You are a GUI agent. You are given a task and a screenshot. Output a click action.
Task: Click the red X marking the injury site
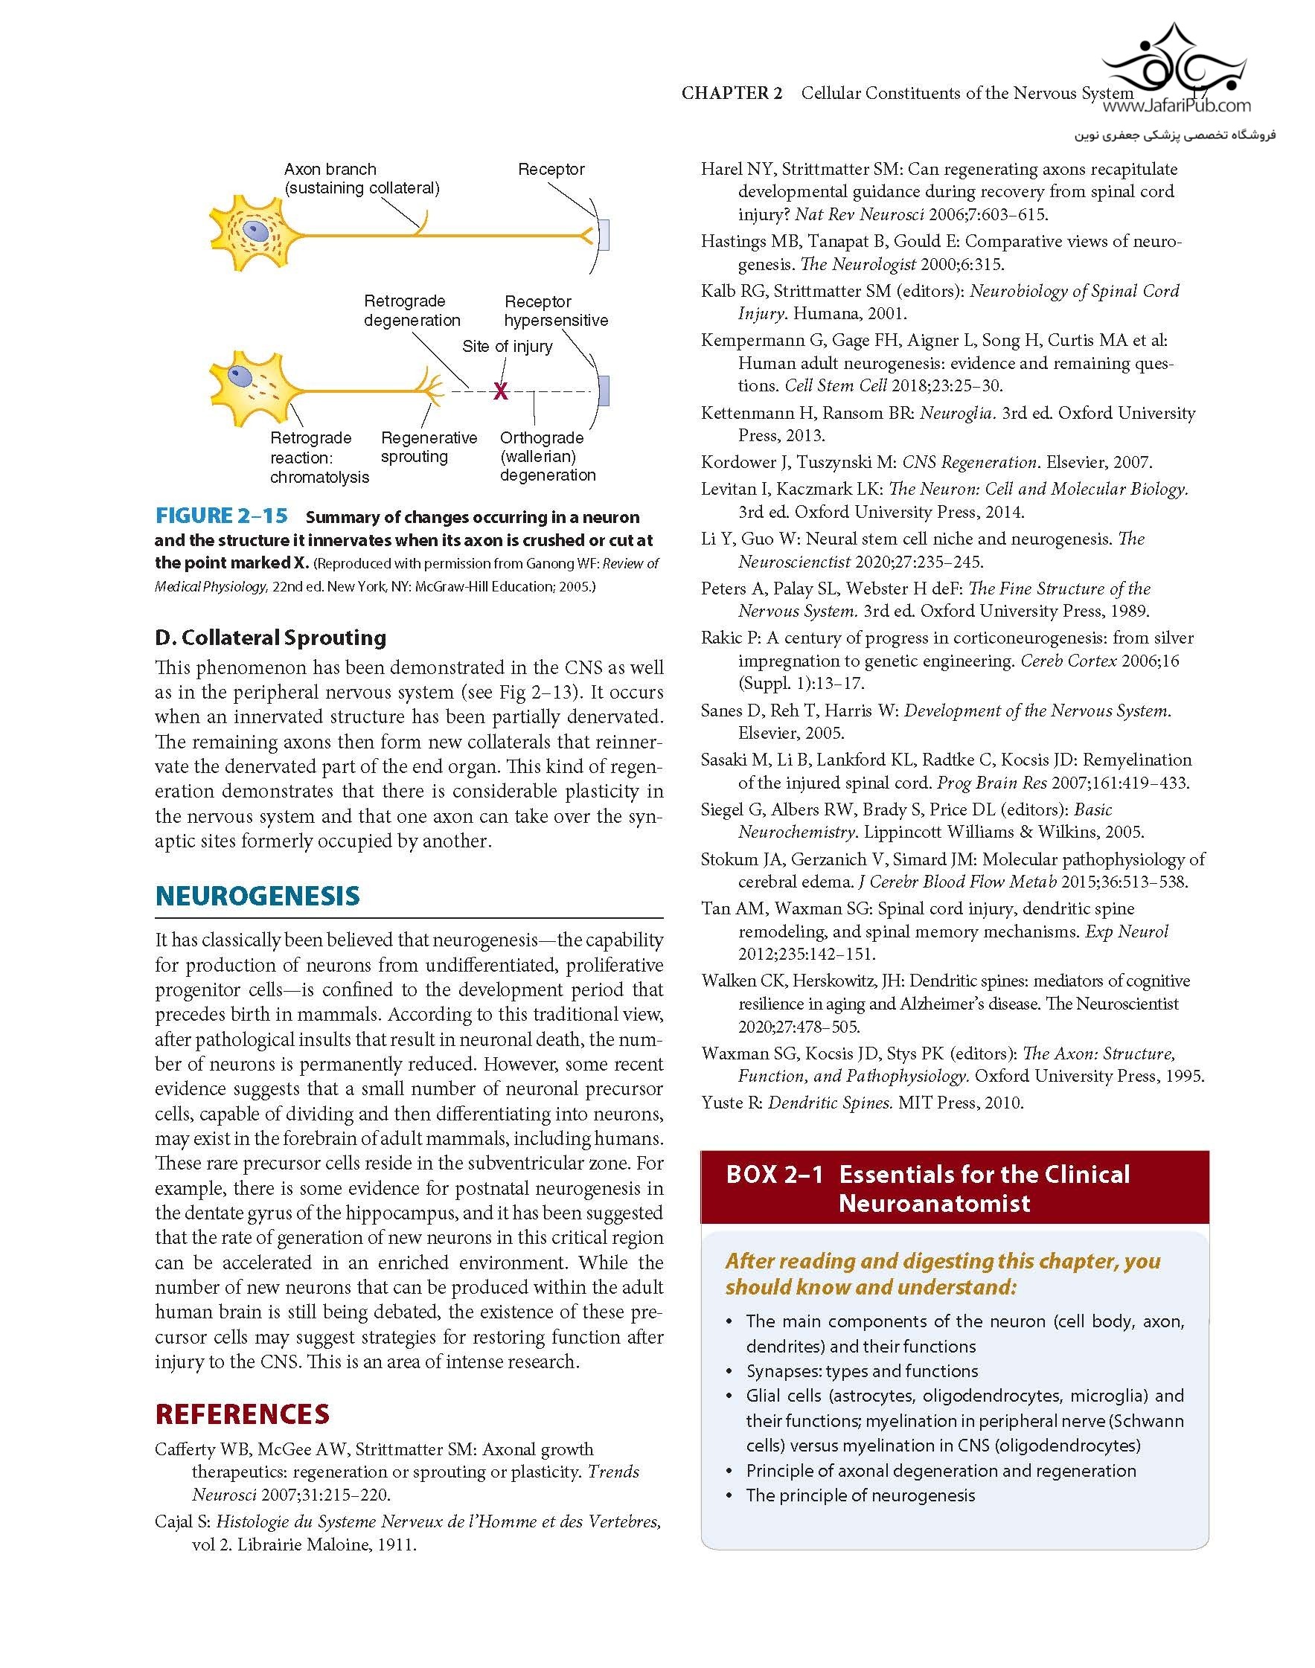[x=500, y=392]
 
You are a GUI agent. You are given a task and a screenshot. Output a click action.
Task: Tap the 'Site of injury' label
[x=507, y=347]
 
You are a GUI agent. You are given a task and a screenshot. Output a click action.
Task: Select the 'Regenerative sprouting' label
[x=429, y=447]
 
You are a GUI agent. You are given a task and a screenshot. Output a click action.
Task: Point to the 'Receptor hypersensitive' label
[x=556, y=311]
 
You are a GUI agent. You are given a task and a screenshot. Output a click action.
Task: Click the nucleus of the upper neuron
[x=253, y=230]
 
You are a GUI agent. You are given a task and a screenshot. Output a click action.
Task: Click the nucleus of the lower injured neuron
[x=242, y=376]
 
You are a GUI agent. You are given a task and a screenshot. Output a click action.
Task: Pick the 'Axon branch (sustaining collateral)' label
[x=361, y=179]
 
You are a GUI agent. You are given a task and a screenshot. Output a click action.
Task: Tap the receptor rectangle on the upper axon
[x=604, y=234]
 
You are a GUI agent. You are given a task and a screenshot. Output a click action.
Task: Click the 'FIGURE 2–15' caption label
[x=222, y=516]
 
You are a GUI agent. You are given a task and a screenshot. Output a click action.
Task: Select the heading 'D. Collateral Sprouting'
[x=270, y=638]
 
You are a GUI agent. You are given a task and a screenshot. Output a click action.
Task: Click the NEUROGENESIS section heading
[x=257, y=895]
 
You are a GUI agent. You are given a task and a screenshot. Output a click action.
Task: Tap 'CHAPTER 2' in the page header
[x=732, y=93]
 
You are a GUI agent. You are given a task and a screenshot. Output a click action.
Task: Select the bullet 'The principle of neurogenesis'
[x=860, y=1495]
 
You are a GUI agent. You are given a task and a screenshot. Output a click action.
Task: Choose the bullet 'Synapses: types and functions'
[x=862, y=1370]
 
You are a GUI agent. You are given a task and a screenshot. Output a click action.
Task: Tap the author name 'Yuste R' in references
[x=732, y=1103]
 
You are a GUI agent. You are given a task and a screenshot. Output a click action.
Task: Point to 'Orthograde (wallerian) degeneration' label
[x=548, y=457]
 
